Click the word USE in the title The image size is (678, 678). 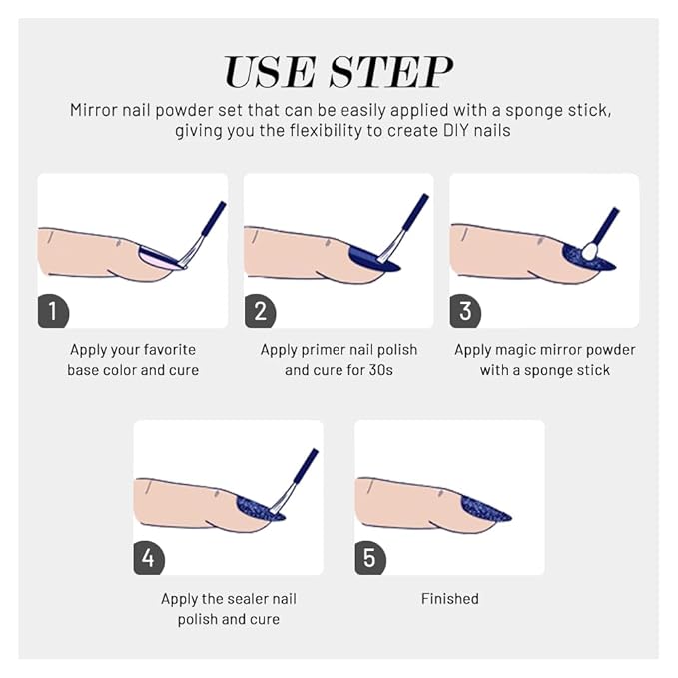[269, 72]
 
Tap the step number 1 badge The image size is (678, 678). [53, 311]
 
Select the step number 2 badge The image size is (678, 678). [260, 311]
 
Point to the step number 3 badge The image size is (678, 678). [465, 311]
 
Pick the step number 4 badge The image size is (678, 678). [149, 558]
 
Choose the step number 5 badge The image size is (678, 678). [370, 558]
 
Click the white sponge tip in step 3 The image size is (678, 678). [590, 251]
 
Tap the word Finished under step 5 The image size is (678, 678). [450, 599]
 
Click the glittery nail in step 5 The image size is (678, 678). [483, 510]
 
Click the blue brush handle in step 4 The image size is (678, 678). [306, 467]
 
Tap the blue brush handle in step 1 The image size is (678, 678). [214, 219]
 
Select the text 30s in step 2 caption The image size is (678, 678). [381, 370]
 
